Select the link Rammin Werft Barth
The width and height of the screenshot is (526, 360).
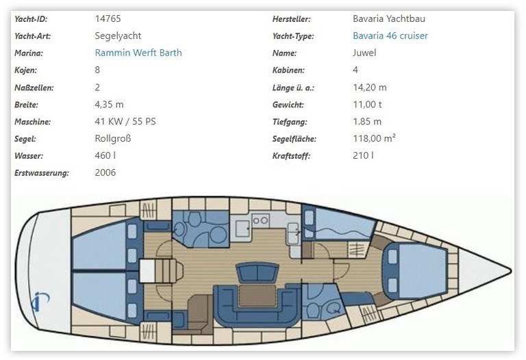pos(138,53)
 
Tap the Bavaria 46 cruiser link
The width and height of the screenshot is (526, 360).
pos(390,36)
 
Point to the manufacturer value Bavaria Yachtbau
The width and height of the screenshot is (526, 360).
pos(389,19)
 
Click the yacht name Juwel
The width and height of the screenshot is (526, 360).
pos(364,53)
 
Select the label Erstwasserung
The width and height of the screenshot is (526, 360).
pos(41,172)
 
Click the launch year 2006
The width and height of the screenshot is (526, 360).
pos(105,172)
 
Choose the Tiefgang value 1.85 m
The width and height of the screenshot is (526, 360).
pos(367,121)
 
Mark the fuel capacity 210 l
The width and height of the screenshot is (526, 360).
pos(362,155)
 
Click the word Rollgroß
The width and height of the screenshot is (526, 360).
pos(113,138)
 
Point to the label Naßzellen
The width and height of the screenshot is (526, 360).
pos(34,87)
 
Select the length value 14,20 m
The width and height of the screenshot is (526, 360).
pos(369,87)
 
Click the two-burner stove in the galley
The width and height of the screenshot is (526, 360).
pos(260,220)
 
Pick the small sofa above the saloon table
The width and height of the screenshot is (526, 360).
pos(253,273)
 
